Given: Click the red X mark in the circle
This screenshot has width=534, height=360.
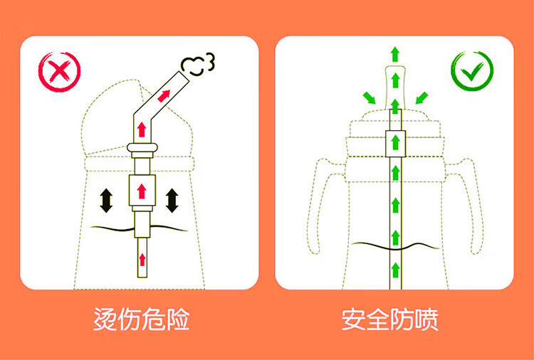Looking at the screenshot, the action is [x=60, y=71].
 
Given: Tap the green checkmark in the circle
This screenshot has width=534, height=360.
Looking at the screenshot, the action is [x=472, y=71].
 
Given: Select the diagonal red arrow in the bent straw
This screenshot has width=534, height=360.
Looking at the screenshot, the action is [x=164, y=96].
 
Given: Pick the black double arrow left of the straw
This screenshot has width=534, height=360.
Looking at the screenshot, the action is [x=106, y=201].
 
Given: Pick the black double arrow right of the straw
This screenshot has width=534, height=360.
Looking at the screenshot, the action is [x=172, y=201].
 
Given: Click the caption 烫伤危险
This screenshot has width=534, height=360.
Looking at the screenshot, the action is [x=142, y=319].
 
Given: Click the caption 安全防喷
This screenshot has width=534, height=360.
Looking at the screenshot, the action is [x=390, y=319].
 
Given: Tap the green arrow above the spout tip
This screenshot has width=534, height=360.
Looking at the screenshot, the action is [x=395, y=55].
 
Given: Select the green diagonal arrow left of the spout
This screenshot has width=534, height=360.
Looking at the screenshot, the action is [x=369, y=98].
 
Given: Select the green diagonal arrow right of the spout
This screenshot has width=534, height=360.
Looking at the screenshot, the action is [x=422, y=98].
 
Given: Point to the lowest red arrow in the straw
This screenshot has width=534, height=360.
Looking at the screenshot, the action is [x=142, y=260].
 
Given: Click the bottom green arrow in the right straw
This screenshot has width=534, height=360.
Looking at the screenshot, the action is [x=395, y=270].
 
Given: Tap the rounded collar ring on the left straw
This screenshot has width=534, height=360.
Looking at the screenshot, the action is [x=142, y=148].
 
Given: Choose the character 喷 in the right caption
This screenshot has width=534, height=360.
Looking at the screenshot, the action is [x=426, y=319].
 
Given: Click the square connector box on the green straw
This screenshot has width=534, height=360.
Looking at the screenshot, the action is [x=395, y=144].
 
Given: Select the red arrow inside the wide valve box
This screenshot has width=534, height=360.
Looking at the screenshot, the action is [x=142, y=191].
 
